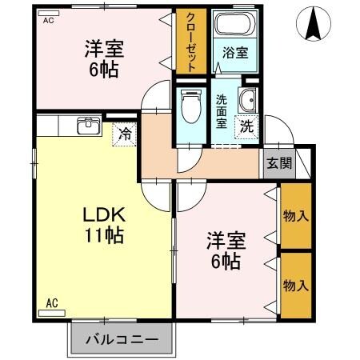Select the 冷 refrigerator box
(x=124, y=134)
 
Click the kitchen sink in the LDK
(x=88, y=126)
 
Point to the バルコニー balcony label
(x=122, y=338)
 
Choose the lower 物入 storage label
(x=296, y=286)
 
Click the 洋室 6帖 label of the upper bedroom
(x=102, y=59)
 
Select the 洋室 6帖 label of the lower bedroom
(x=226, y=251)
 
